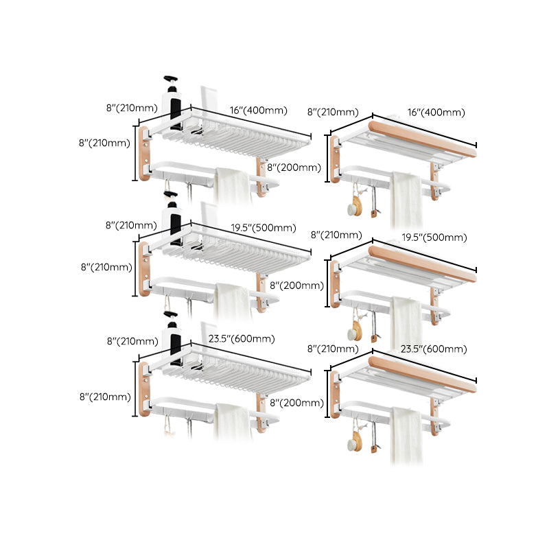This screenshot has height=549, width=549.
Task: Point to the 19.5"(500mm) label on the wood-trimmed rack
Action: click(x=437, y=237)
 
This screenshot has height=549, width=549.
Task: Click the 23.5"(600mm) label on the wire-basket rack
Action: click(x=242, y=338)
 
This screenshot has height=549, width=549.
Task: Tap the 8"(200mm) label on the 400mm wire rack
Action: click(x=294, y=167)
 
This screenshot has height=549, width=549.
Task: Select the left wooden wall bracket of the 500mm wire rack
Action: click(x=145, y=268)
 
